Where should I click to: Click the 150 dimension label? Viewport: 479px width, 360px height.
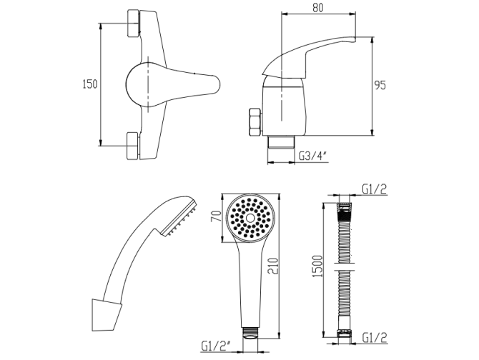point(90,84)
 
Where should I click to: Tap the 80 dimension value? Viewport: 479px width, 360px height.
point(318,8)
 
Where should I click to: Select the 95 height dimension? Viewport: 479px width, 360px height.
point(380,85)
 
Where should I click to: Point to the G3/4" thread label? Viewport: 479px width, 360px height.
point(313,156)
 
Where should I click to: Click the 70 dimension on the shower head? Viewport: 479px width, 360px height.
point(217,216)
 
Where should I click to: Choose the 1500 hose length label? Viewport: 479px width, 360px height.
point(318,266)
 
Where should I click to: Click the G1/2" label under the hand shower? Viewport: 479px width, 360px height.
point(217,346)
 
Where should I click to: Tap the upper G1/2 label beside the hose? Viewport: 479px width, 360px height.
point(375,189)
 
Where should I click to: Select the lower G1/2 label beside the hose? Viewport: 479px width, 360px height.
point(375,337)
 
